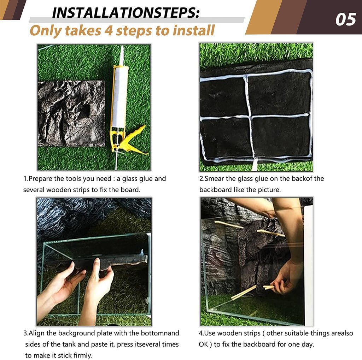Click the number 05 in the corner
(346, 20)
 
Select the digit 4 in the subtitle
(108, 31)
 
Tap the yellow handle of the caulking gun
(134, 141)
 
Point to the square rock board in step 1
(71, 113)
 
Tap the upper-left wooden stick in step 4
(229, 225)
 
